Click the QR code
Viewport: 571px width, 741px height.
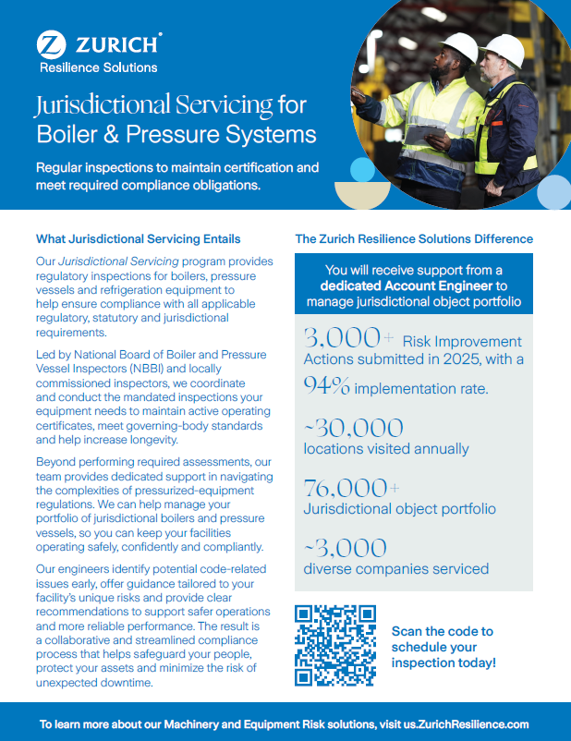[335, 645]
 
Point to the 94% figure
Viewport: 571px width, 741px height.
[327, 386]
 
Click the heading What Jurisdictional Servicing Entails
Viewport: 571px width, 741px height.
[138, 238]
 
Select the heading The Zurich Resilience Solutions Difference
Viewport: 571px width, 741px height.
[414, 238]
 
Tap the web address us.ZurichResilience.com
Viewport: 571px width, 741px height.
[461, 724]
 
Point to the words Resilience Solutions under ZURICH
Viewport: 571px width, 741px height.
[98, 67]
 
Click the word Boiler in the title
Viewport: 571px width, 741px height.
[68, 135]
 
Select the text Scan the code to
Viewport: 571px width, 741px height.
[442, 631]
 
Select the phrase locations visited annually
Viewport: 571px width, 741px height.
[386, 449]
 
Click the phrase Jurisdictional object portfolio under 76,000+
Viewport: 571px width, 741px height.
[399, 509]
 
